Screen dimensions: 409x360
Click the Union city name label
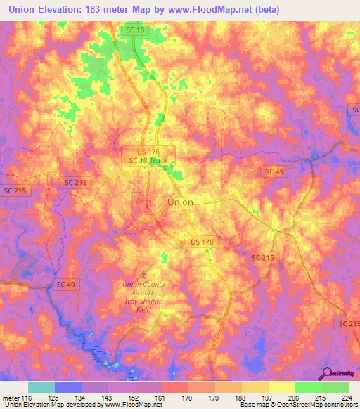[180, 202]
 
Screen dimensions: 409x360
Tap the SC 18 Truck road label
[148, 160]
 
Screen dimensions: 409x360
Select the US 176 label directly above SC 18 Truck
[148, 151]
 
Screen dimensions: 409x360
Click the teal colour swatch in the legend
[41, 387]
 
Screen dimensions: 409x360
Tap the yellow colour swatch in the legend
[282, 387]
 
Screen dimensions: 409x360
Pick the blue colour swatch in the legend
[68, 387]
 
